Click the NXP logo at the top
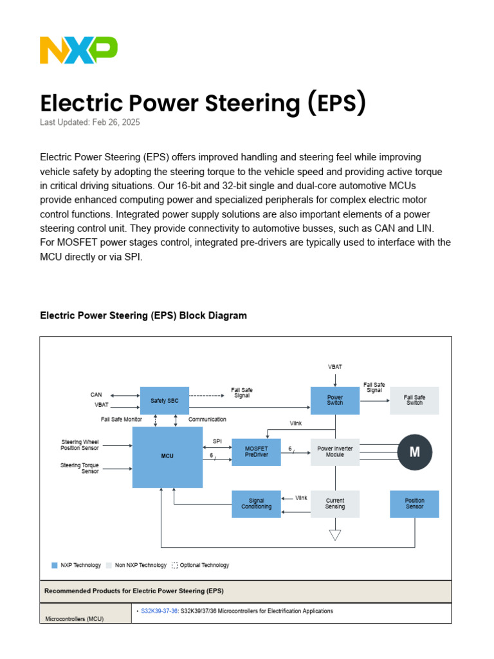(x=78, y=50)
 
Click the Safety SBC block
(x=165, y=401)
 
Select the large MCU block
(x=167, y=456)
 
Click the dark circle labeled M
(x=415, y=452)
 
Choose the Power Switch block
(x=335, y=400)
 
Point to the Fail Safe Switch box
(x=414, y=400)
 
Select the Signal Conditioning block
(x=256, y=504)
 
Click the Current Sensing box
(x=335, y=504)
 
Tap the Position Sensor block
(x=415, y=504)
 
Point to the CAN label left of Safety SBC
(x=96, y=394)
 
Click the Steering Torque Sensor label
(x=80, y=469)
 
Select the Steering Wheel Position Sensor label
(x=80, y=445)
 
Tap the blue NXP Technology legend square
(x=55, y=565)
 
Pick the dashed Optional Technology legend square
(x=174, y=565)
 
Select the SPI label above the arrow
(x=217, y=441)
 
